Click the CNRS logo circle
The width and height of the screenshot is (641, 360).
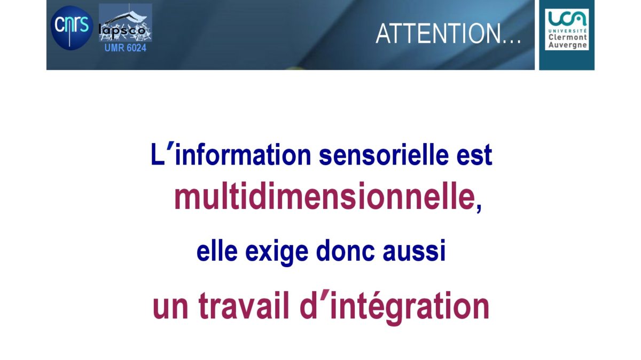point(72,28)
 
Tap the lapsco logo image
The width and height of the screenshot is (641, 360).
point(126,22)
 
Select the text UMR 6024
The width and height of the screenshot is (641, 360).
point(126,48)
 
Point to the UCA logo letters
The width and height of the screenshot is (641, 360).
point(567,19)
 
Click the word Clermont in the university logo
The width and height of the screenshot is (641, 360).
point(568,37)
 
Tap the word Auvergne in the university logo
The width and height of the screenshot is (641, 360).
point(568,45)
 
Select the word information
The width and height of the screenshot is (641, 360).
point(243,155)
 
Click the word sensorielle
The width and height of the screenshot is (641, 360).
point(384,155)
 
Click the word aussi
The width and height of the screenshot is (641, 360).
point(414,251)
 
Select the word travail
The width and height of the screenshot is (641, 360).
point(244,306)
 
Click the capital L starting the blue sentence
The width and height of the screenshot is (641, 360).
point(158,154)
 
